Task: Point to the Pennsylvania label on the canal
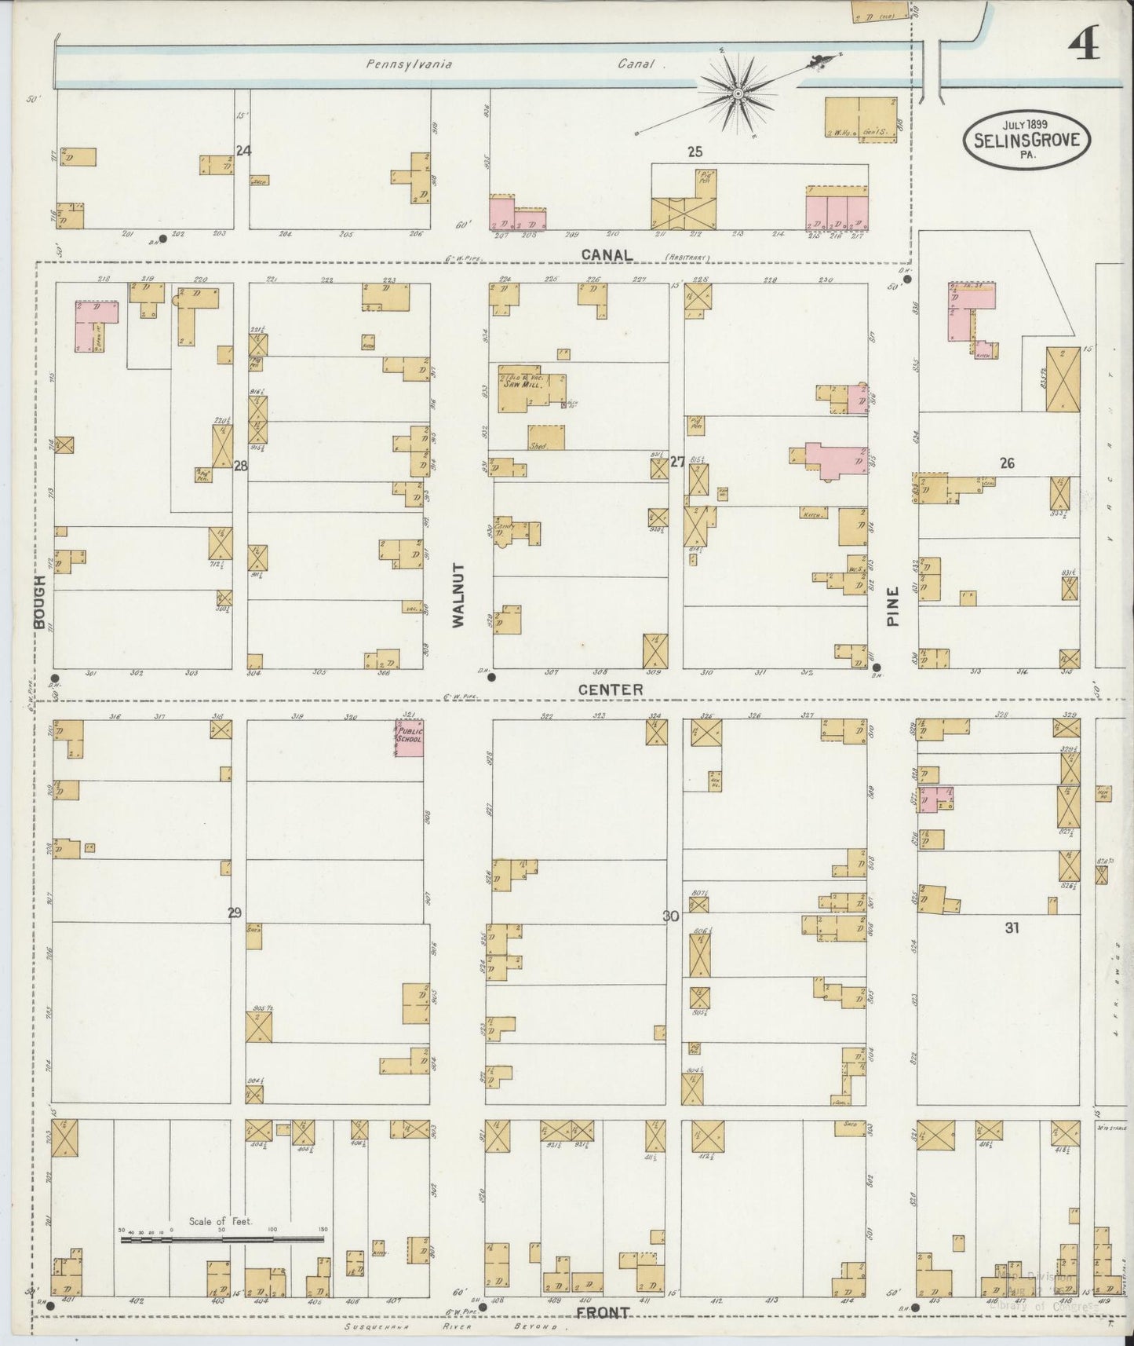pyautogui.click(x=409, y=65)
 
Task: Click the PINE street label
pyautogui.click(x=892, y=609)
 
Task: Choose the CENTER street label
pyautogui.click(x=611, y=689)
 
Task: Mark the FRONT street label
pyautogui.click(x=602, y=1312)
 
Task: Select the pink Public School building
pyautogui.click(x=410, y=738)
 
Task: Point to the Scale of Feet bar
pyautogui.click(x=222, y=1240)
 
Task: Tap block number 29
pyautogui.click(x=235, y=913)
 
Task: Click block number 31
pyautogui.click(x=1012, y=927)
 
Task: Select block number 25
pyautogui.click(x=695, y=152)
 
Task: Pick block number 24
pyautogui.click(x=244, y=149)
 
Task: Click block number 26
pyautogui.click(x=1007, y=463)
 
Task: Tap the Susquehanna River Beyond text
pyautogui.click(x=455, y=1326)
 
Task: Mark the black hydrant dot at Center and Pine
pyautogui.click(x=877, y=667)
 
